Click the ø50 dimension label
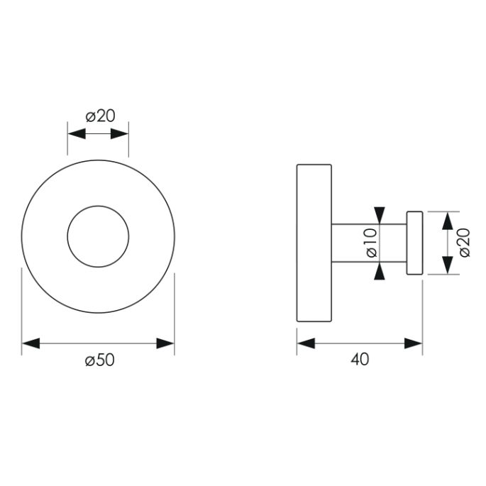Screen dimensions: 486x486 (99, 360)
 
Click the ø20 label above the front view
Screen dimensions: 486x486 (100, 116)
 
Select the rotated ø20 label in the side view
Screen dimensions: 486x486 (465, 243)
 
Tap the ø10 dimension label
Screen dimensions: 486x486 (370, 243)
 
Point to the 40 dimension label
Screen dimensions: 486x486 (359, 360)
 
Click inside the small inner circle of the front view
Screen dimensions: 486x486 (98, 237)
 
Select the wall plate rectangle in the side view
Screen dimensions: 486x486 (314, 243)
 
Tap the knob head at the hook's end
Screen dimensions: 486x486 (414, 243)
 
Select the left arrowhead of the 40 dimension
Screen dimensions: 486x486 (305, 343)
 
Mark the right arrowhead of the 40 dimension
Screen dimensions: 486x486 (414, 343)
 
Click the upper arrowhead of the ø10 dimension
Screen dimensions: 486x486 (380, 215)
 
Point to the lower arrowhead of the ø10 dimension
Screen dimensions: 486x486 (380, 272)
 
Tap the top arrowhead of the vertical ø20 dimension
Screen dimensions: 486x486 (447, 220)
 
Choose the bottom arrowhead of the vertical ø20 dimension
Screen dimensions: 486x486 (447, 267)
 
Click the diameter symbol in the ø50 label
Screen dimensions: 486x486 (89, 360)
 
